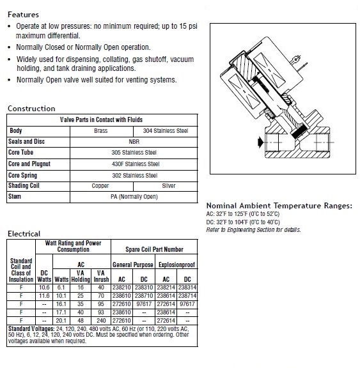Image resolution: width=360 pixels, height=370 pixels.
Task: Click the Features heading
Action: click(x=23, y=15)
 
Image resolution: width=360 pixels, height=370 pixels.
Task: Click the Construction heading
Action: click(x=31, y=109)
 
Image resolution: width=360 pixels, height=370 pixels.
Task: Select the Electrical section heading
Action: click(x=24, y=234)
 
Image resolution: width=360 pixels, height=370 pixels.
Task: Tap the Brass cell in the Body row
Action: click(x=101, y=131)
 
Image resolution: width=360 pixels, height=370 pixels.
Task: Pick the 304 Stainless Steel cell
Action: click(x=166, y=131)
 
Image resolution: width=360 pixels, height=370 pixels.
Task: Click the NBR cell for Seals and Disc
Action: click(x=134, y=142)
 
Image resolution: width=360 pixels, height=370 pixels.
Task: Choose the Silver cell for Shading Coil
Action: click(x=169, y=186)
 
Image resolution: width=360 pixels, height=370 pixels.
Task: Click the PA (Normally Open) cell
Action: click(x=134, y=197)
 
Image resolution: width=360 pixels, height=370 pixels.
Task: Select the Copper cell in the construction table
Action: click(x=100, y=186)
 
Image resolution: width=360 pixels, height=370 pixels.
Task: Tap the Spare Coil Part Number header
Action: click(x=154, y=249)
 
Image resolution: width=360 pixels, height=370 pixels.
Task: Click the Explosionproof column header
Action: click(x=177, y=265)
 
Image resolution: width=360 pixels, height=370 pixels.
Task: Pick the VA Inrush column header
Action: click(x=101, y=276)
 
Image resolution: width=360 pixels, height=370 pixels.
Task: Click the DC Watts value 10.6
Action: click(x=44, y=288)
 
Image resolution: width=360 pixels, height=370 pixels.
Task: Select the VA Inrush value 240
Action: click(x=101, y=320)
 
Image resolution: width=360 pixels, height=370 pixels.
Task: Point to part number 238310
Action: click(x=144, y=288)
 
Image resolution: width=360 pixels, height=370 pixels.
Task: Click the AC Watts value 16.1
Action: click(x=61, y=304)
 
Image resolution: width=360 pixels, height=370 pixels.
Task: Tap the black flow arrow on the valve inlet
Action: click(x=260, y=142)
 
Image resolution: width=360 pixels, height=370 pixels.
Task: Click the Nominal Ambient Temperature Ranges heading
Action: click(x=279, y=206)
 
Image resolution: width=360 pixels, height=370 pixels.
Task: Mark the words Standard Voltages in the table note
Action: click(x=31, y=328)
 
